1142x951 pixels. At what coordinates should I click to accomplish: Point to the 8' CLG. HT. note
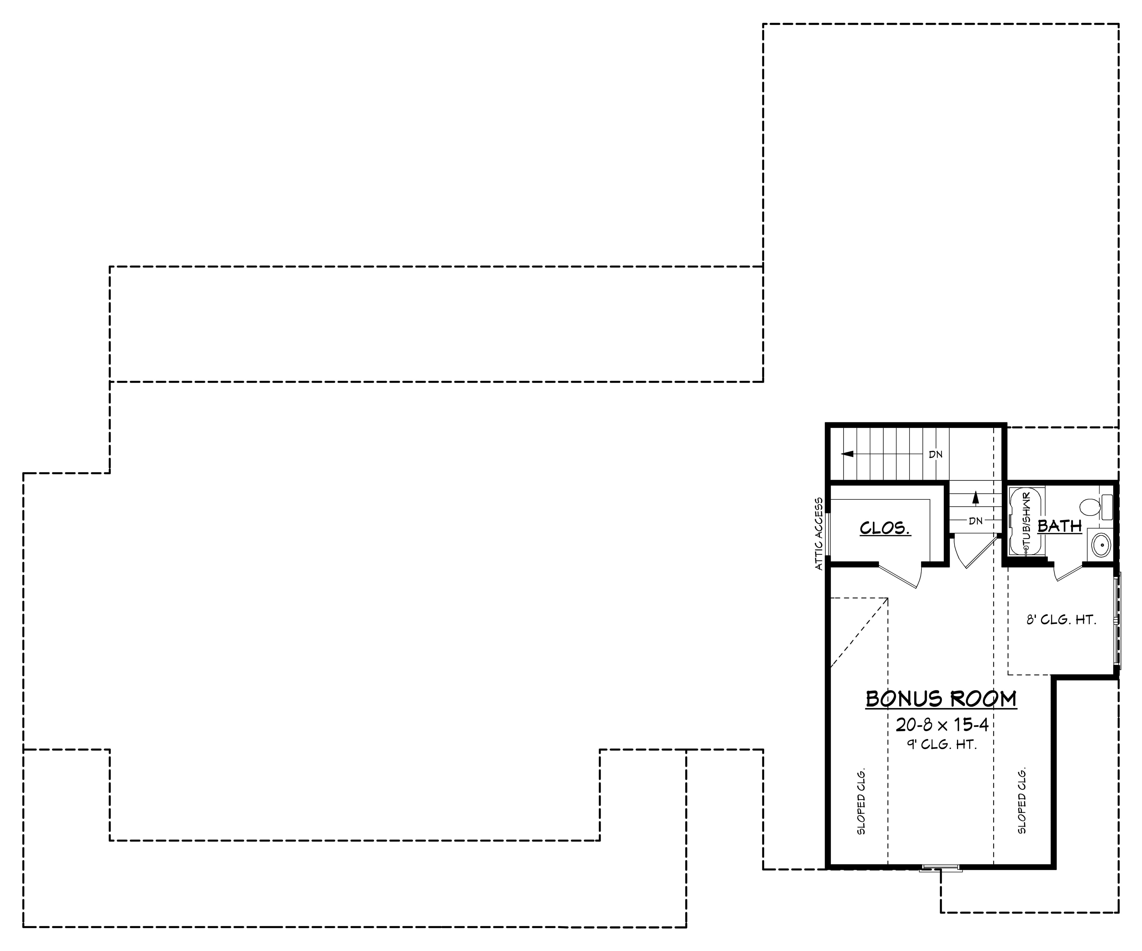click(x=1060, y=620)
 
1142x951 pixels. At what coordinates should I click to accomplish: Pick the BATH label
click(x=1059, y=526)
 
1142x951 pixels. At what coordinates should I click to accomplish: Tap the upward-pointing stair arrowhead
click(x=976, y=496)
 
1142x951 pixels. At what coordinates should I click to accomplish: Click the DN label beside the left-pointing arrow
click(x=935, y=454)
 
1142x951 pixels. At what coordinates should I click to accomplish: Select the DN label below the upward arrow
click(x=976, y=521)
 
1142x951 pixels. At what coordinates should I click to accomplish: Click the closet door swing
click(x=903, y=577)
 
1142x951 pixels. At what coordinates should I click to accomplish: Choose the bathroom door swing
click(x=1069, y=572)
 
